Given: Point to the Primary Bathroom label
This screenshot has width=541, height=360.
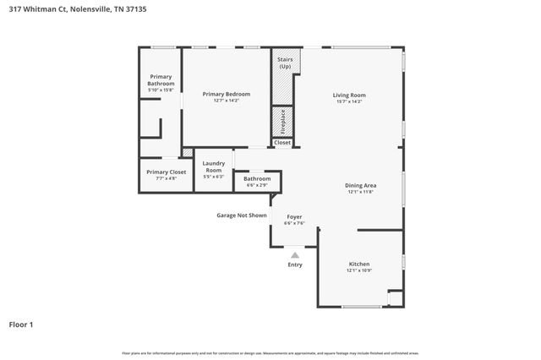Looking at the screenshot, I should pyautogui.click(x=161, y=80).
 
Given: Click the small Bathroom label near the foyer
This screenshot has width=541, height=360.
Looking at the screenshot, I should pyautogui.click(x=257, y=178).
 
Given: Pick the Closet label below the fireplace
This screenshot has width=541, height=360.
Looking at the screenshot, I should pyautogui.click(x=282, y=143).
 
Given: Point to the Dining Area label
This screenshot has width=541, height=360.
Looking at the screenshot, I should pyautogui.click(x=360, y=185).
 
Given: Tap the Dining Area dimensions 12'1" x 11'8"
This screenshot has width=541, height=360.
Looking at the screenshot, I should pyautogui.click(x=360, y=192).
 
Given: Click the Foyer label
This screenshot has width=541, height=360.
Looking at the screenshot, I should pyautogui.click(x=294, y=216).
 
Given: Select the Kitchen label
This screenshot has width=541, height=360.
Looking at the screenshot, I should pyautogui.click(x=359, y=264).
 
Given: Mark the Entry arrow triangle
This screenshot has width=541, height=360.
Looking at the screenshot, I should pyautogui.click(x=294, y=254).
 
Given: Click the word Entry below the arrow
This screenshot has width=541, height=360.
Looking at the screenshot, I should pyautogui.click(x=294, y=265).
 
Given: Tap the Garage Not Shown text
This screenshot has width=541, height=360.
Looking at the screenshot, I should pyautogui.click(x=242, y=215).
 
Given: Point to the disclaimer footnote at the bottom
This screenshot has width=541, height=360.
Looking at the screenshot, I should pyautogui.click(x=270, y=352).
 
